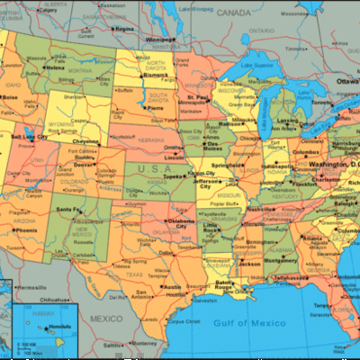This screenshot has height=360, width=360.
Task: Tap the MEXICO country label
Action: [104, 319]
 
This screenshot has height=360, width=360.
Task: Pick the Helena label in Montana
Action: [56, 67]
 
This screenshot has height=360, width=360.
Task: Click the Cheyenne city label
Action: [87, 141]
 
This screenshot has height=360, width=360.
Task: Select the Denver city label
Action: [84, 165]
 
